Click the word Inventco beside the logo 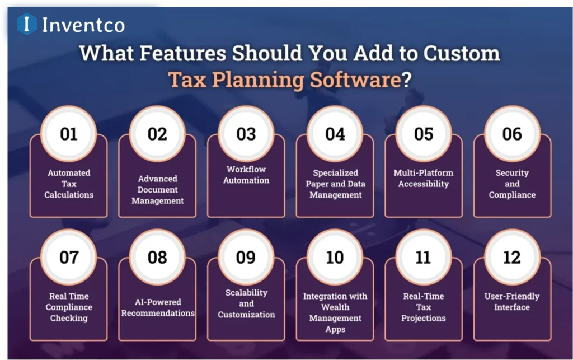point(83,25)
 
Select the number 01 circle point(69,134)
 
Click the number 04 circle point(335,134)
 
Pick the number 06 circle point(511,134)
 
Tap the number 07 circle point(69,257)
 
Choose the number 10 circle point(335,257)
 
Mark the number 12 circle point(511,257)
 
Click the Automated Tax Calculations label point(69,184)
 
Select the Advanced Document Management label point(158,189)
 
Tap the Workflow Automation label point(246,175)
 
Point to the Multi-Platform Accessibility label point(424,178)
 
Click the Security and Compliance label point(512,184)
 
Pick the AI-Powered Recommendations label point(158,307)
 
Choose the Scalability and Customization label point(246,303)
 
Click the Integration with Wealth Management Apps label point(335,312)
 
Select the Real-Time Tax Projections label point(424,307)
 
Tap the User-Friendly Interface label point(512,301)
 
